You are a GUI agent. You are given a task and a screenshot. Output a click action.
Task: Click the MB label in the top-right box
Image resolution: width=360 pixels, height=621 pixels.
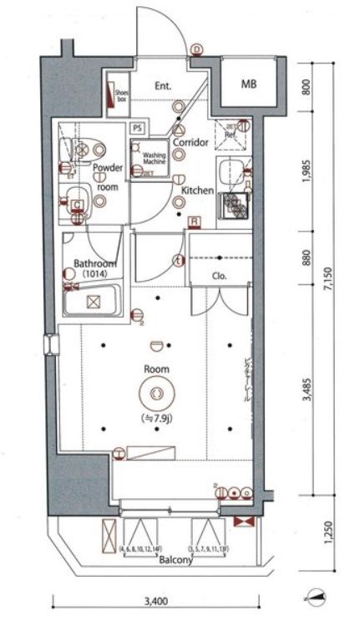pyautogui.click(x=250, y=84)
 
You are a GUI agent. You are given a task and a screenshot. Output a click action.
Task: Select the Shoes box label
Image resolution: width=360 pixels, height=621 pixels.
pyautogui.click(x=120, y=95)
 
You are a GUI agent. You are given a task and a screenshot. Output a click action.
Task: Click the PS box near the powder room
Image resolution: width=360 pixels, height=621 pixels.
pyautogui.click(x=137, y=128)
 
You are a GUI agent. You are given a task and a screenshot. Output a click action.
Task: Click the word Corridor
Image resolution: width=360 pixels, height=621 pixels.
pyautogui.click(x=190, y=143)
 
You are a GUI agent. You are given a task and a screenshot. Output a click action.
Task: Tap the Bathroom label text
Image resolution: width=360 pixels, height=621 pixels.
pyautogui.click(x=94, y=265)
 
